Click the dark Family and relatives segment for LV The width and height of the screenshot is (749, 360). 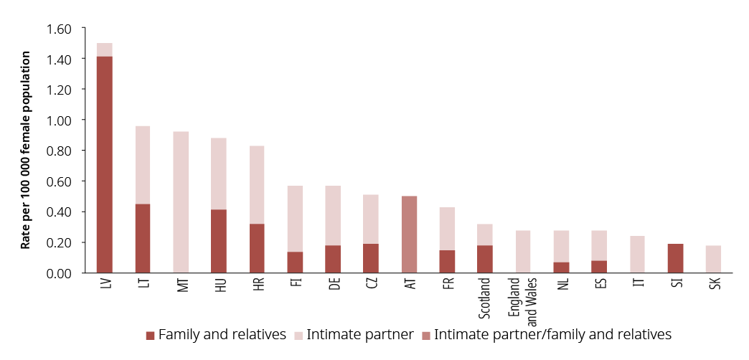tap(104, 164)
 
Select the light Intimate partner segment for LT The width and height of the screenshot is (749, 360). tap(143, 165)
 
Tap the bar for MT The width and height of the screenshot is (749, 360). tap(181, 202)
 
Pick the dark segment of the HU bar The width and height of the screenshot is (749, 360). tap(219, 241)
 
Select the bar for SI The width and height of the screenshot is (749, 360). tap(676, 258)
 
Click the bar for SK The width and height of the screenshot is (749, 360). tap(714, 259)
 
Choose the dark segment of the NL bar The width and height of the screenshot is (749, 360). tap(561, 267)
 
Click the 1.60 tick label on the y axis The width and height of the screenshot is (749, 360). tap(60, 29)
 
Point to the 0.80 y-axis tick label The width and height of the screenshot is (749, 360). tap(60, 151)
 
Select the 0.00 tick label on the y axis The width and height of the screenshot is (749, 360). tap(60, 273)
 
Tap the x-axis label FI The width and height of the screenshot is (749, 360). tap(295, 285)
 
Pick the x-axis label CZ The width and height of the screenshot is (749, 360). tap(371, 285)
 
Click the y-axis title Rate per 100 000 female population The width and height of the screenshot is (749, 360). tap(26, 150)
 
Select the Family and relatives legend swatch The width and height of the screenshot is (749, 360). tap(150, 335)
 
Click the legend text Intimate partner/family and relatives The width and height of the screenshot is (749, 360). tap(552, 334)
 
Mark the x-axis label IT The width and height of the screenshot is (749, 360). tap(638, 284)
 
